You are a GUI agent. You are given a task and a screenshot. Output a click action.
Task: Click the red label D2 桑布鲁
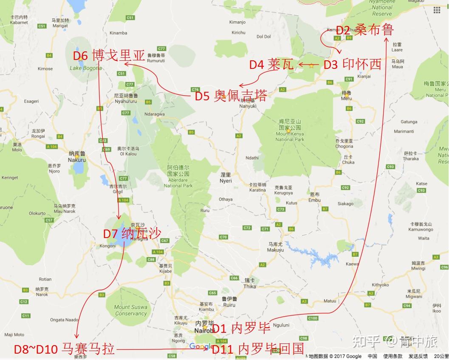[x=365, y=30]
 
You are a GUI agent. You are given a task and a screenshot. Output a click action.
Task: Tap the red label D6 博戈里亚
[x=109, y=56]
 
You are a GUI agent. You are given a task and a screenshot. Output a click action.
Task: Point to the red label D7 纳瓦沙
[x=132, y=233]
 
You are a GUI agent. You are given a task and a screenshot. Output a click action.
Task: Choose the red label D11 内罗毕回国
[x=258, y=349]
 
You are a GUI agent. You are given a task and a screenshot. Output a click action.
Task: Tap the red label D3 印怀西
[x=352, y=65]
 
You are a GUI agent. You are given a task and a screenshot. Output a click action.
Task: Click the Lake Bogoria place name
[x=86, y=68]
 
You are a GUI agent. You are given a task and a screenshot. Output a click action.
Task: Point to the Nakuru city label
[x=77, y=157]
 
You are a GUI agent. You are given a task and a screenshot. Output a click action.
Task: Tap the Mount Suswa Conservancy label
[x=130, y=310]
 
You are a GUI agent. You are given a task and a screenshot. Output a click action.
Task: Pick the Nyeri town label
[x=226, y=178]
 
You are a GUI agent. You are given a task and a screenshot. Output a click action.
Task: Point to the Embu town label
[x=315, y=197]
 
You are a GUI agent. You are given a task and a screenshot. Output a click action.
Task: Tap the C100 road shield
[x=313, y=318]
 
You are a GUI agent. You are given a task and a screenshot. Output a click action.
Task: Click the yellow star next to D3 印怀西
[x=312, y=65]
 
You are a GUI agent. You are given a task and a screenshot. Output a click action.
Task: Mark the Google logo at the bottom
[x=201, y=346]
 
